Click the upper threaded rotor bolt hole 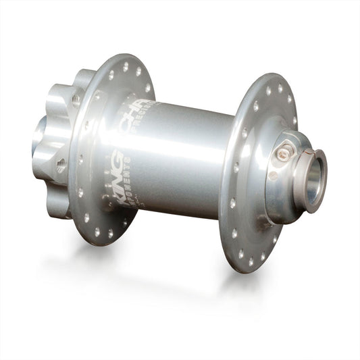pyautogui.click(x=76, y=101)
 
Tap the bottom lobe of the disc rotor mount pyautogui.click(x=59, y=206)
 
